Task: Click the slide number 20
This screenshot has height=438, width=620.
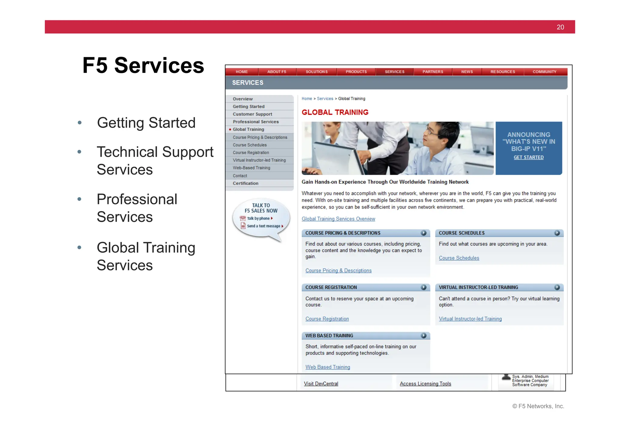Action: click(560, 27)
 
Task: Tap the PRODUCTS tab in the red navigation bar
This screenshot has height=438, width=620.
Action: click(356, 72)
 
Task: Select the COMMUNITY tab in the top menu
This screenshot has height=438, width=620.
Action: click(544, 72)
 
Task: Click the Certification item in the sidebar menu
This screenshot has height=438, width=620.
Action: click(246, 183)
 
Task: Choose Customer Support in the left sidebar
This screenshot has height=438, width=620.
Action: click(252, 114)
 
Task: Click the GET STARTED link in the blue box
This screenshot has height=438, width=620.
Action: click(529, 157)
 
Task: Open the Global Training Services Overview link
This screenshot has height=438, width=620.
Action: click(338, 219)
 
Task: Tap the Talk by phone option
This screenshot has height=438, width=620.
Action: click(258, 219)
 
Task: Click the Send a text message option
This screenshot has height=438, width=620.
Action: click(263, 226)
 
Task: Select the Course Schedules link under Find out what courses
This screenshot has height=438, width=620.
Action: click(459, 258)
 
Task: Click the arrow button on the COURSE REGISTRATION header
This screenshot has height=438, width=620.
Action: click(424, 288)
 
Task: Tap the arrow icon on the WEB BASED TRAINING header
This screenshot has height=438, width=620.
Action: click(424, 336)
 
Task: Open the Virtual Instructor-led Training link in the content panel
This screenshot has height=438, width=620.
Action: click(470, 319)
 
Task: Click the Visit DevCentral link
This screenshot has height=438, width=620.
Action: click(321, 384)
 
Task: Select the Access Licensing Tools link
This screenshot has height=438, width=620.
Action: click(425, 384)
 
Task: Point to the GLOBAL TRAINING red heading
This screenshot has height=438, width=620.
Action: click(335, 113)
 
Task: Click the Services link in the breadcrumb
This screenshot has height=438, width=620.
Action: click(325, 99)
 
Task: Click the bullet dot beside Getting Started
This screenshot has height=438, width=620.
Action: click(80, 123)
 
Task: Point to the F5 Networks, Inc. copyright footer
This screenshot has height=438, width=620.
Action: click(538, 407)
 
